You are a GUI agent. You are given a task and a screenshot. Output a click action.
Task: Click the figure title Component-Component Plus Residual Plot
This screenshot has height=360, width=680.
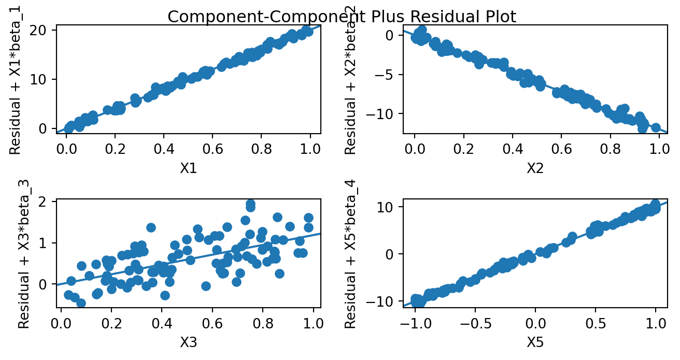click(342, 17)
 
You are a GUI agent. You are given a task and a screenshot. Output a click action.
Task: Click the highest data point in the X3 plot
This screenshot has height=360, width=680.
click(250, 204)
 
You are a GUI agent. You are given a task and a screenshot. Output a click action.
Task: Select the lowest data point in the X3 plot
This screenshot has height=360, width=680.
click(81, 303)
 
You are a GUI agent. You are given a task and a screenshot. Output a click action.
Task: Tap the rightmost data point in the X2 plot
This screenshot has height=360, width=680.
click(656, 127)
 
